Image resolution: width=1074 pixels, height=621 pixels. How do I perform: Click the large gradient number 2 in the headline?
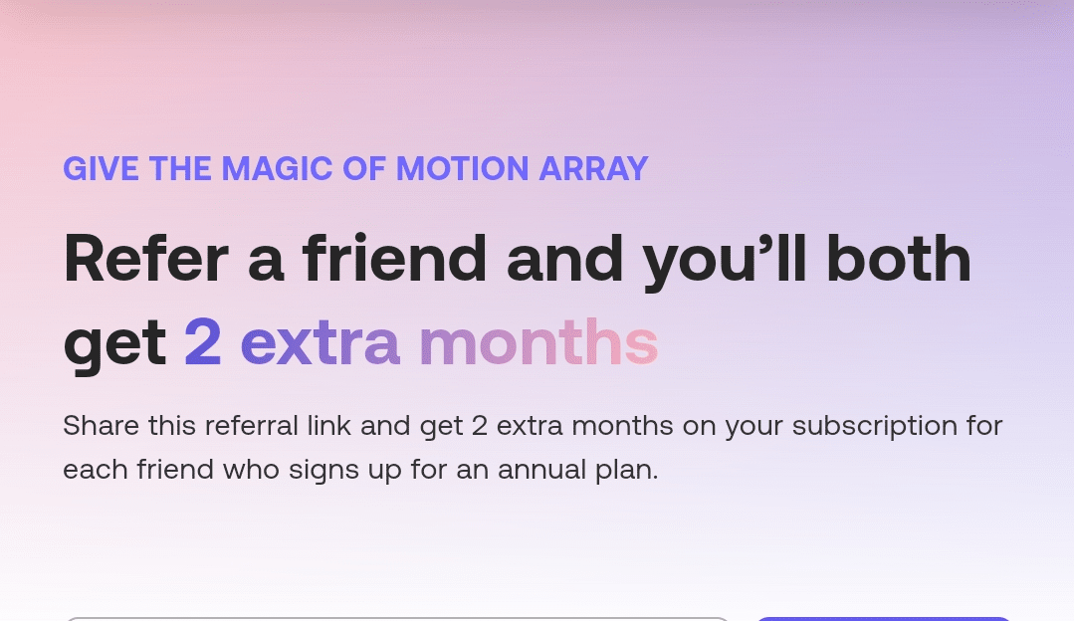(203, 343)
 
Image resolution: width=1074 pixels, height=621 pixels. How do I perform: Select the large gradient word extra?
(320, 343)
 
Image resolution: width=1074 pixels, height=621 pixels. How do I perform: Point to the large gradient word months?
(538, 343)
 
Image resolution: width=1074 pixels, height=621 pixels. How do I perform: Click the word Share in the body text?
(100, 426)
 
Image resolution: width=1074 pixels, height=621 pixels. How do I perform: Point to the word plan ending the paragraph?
(633, 470)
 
